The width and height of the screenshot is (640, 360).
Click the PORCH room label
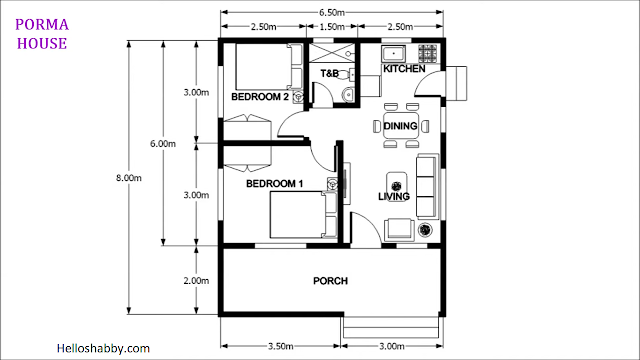[330, 281]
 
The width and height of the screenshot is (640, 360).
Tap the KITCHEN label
[404, 69]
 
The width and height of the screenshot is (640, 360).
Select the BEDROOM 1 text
[274, 184]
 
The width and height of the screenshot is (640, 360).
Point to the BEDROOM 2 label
[260, 97]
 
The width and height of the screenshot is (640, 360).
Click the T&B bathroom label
[329, 73]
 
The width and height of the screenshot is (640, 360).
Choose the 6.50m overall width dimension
[331, 12]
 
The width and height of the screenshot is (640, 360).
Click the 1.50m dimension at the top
[331, 27]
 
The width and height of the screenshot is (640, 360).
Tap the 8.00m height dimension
[129, 178]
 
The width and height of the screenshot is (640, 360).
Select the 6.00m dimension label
[163, 144]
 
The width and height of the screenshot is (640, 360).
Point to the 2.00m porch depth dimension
[196, 281]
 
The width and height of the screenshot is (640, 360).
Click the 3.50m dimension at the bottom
[280, 347]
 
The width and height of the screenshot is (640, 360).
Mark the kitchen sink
[393, 53]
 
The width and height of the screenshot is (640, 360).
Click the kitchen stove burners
[427, 53]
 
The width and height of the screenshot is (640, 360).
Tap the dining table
[401, 126]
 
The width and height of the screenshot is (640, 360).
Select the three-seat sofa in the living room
[427, 187]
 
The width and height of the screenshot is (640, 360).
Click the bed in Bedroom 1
[303, 215]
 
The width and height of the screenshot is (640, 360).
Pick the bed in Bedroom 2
[269, 67]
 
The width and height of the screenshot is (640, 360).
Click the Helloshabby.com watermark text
[103, 349]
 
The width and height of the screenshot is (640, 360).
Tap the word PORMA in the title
[42, 24]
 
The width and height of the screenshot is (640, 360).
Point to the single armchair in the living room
[399, 229]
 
